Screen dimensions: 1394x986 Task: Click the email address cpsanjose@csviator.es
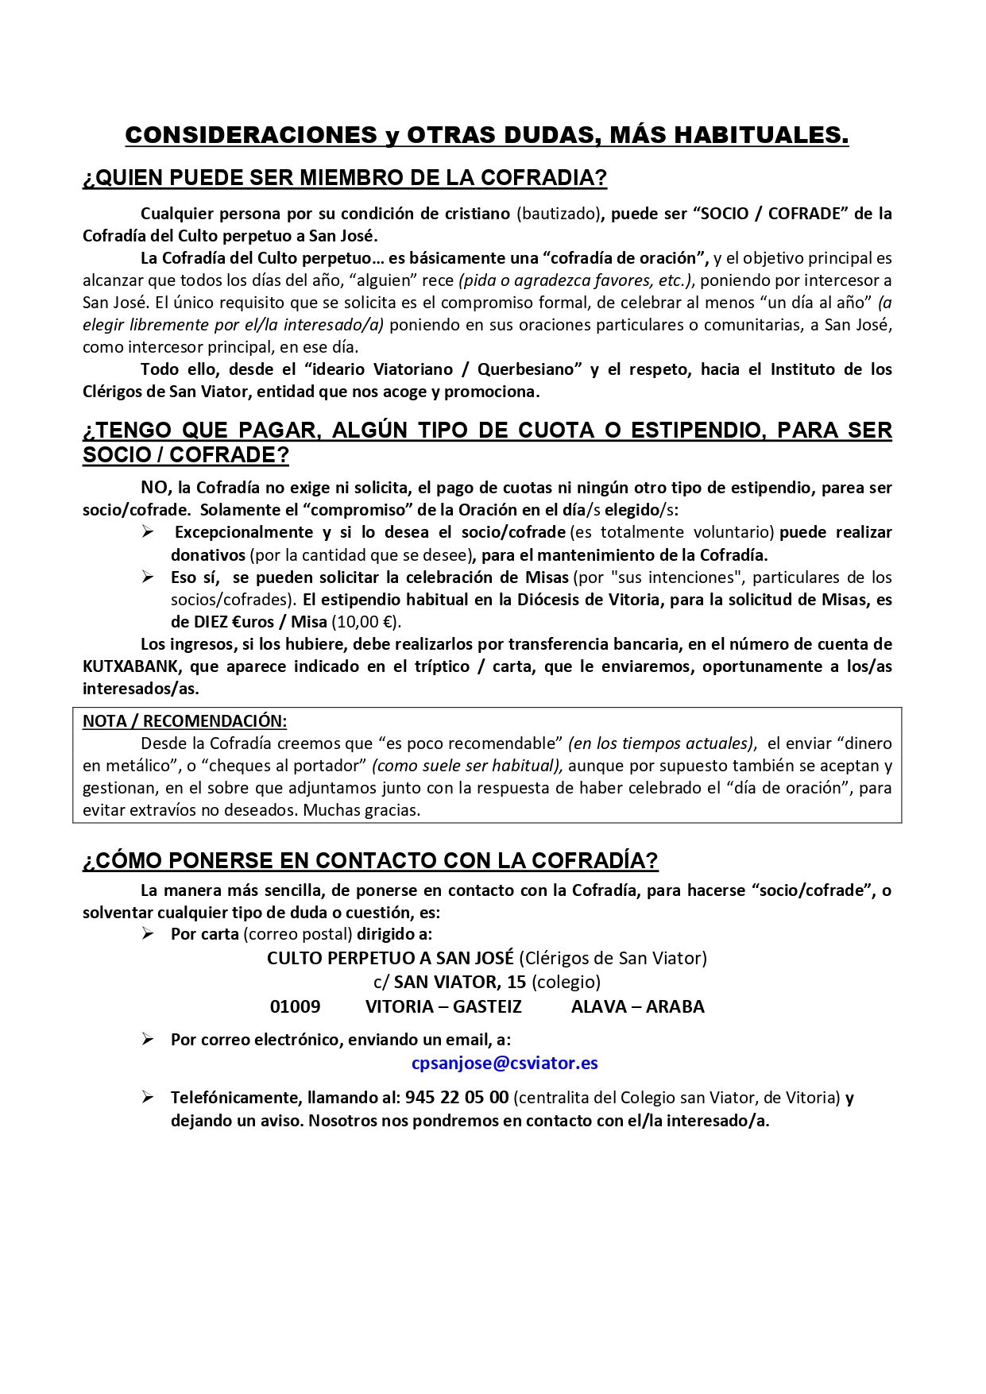[505, 1063]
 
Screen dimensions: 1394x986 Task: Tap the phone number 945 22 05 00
[456, 1098]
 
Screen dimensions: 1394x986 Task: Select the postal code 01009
[295, 1006]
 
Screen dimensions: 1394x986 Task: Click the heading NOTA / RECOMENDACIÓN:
[184, 721]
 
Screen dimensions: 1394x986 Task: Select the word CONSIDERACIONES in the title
[251, 136]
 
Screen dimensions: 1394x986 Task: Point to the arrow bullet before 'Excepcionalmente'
[147, 532]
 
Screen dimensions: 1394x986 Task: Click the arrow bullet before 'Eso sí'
[147, 577]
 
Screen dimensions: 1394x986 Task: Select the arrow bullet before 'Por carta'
[147, 934]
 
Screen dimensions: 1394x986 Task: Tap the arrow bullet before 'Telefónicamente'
[147, 1098]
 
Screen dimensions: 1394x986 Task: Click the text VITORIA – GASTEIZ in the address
[443, 1006]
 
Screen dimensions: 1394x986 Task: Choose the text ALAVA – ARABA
[637, 1006]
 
